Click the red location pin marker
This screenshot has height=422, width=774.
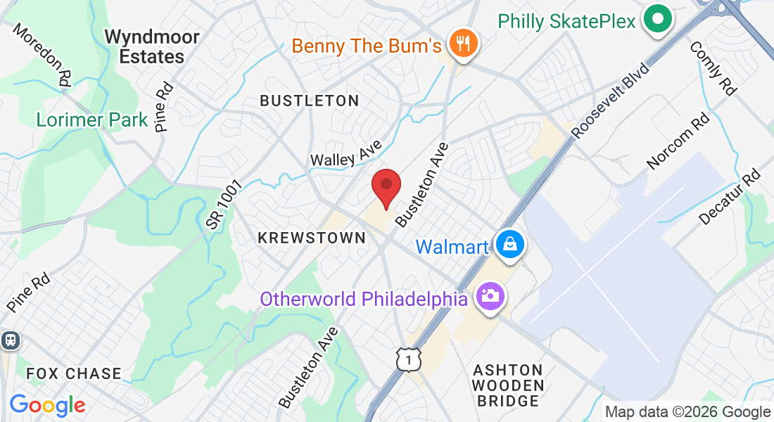(x=386, y=187)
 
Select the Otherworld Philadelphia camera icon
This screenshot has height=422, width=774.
(x=490, y=295)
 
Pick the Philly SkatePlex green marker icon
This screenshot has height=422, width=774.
(x=659, y=19)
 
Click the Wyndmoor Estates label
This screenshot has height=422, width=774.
(x=152, y=46)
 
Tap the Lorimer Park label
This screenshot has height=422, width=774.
(x=92, y=120)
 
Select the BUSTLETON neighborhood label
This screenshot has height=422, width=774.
(x=310, y=101)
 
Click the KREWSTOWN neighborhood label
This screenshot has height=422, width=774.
(x=312, y=238)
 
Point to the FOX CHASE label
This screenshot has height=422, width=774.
(x=74, y=373)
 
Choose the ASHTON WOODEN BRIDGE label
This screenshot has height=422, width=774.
(x=508, y=385)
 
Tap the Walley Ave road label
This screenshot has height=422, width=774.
(x=345, y=153)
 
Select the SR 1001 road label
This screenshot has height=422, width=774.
(x=224, y=204)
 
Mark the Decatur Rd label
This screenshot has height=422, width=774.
(x=730, y=198)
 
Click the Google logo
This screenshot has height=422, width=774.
(x=47, y=405)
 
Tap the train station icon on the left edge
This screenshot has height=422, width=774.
(x=10, y=341)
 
